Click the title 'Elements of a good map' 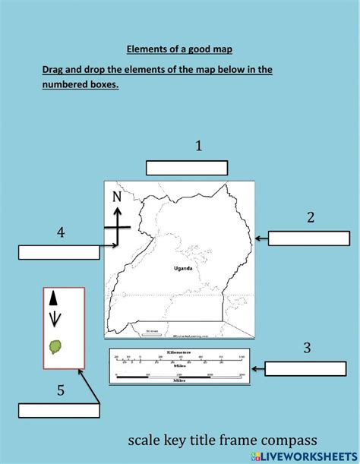click(179, 49)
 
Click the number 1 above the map click(199, 146)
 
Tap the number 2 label click(311, 217)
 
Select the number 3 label click(307, 348)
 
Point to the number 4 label click(61, 232)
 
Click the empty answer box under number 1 click(187, 168)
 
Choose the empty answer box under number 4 click(59, 252)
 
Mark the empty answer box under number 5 click(59, 411)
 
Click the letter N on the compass click(117, 198)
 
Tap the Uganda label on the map click(182, 268)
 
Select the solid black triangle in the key click(53, 298)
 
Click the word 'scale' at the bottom click(144, 441)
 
